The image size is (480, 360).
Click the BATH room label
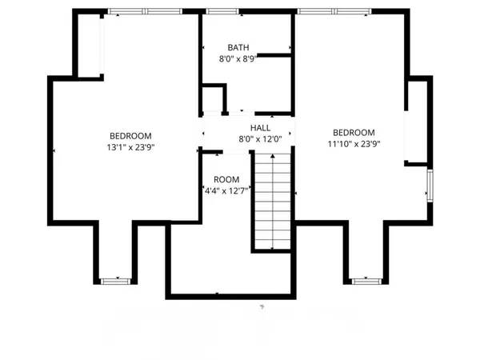[238, 47]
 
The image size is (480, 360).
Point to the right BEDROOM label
[354, 133]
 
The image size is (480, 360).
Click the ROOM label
[226, 179]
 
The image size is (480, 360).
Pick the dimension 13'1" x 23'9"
[130, 147]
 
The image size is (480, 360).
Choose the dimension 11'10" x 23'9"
[354, 144]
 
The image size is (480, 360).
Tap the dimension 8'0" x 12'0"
[260, 138]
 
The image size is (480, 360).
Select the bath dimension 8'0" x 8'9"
[238, 58]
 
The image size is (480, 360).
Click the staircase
[272, 200]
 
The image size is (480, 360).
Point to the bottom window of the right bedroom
[365, 281]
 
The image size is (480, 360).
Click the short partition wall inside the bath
[274, 54]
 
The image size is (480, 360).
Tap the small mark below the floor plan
[261, 306]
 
